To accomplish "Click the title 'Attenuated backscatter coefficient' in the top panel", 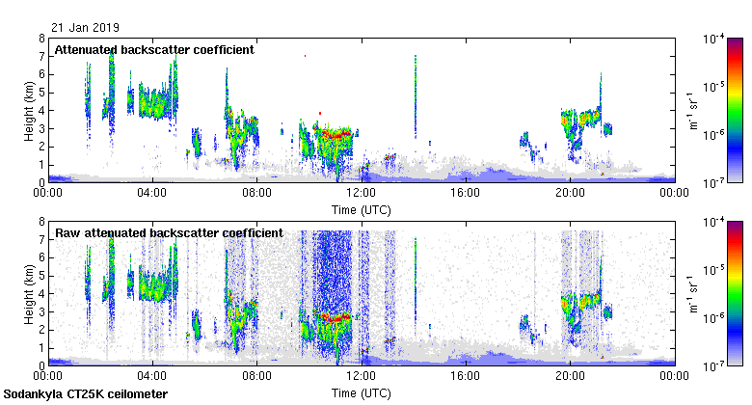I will pyautogui.click(x=154, y=49).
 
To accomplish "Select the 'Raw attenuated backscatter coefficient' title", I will pyautogui.click(x=169, y=232).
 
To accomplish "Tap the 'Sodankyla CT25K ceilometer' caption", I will pyautogui.click(x=86, y=394).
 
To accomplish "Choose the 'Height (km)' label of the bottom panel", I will pyautogui.click(x=30, y=293).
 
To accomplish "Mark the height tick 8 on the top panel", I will pyautogui.click(x=40, y=39).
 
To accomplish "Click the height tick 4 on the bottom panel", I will pyautogui.click(x=40, y=293).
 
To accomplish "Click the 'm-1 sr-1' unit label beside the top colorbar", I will pyautogui.click(x=693, y=111).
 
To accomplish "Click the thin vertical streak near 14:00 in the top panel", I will pyautogui.click(x=415, y=96).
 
